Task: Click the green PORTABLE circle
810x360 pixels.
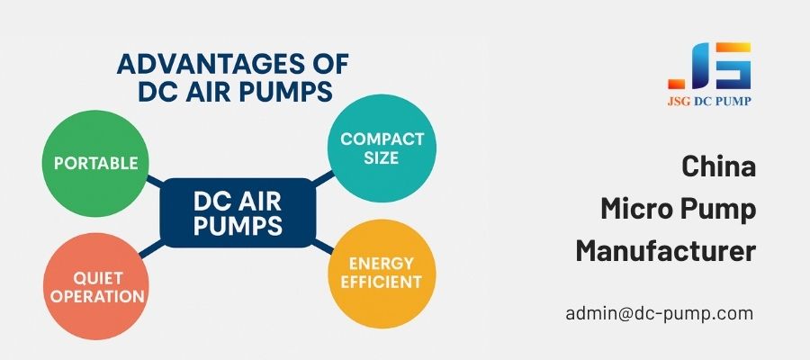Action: point(95,163)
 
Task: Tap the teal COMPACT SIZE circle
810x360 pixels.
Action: point(382,148)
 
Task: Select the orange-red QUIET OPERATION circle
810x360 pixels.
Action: point(96,286)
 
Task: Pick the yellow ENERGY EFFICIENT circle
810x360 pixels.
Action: point(382,274)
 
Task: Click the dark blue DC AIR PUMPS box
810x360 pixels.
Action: point(238,212)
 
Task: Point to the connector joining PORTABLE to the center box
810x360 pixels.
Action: point(155,181)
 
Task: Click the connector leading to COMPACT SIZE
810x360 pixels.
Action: point(323,179)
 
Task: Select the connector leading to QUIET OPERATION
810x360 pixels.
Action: point(151,248)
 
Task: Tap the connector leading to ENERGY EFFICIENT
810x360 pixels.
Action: point(322,247)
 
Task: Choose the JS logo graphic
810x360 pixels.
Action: point(709,66)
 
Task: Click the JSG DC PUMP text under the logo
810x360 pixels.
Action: point(709,101)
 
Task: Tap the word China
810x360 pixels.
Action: point(718,166)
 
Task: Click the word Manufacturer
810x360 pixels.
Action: point(666,251)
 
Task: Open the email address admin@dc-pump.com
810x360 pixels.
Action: point(659,313)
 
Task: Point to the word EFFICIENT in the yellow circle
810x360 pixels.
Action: point(382,282)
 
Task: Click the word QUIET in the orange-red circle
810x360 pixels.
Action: point(98,278)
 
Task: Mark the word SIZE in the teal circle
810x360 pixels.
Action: point(382,157)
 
